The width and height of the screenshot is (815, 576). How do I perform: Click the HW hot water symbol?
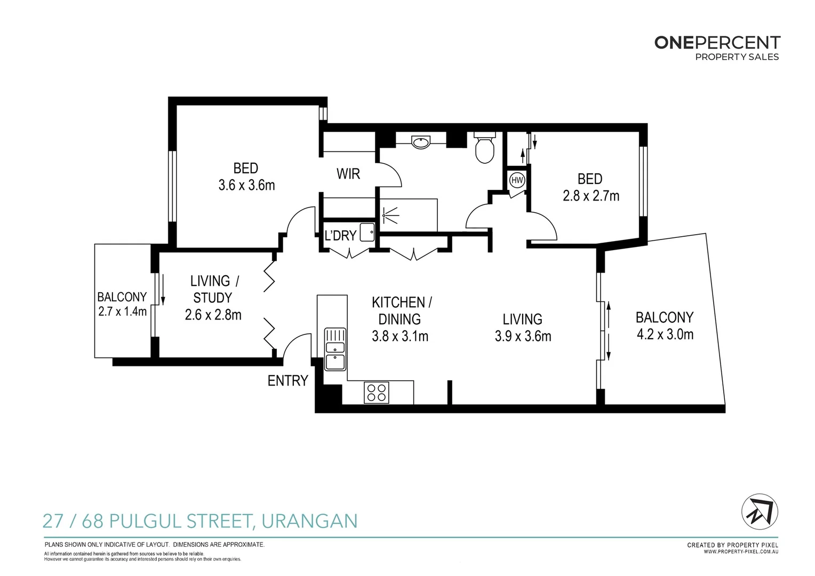pos(517,180)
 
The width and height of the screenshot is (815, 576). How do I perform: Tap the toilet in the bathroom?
pos(484,149)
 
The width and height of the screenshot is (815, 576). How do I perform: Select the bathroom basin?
pos(421,142)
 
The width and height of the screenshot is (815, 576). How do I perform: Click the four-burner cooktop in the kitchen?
pos(377,393)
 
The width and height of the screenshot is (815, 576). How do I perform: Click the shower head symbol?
pos(390,215)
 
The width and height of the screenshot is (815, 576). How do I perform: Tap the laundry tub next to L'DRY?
pos(367,233)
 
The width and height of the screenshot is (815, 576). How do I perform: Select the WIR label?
pos(348,174)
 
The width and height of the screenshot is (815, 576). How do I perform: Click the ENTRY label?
pos(287,381)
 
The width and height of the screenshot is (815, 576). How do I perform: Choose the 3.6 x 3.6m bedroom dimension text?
pos(246,186)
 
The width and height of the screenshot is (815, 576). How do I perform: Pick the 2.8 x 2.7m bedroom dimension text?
pos(591,196)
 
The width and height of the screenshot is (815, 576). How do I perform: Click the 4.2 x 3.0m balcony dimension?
pos(665,335)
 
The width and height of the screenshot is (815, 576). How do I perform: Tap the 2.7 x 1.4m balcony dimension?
pos(122,311)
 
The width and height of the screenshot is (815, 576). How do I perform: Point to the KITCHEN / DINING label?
pos(401,310)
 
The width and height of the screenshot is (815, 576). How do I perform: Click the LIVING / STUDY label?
pos(214,289)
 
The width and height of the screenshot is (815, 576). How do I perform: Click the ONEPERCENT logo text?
pos(717,43)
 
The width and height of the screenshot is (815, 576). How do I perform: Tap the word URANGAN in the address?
pos(309,521)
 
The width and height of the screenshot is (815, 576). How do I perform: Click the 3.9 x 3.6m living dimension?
pos(523,337)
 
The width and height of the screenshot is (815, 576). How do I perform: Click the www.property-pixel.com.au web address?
pos(740,551)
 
